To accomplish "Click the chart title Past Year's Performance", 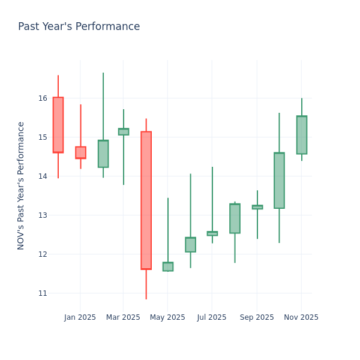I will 79,27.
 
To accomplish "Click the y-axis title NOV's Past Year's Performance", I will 21,185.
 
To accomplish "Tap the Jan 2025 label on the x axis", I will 80,317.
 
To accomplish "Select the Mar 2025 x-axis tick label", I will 123,317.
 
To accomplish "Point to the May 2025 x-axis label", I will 167,317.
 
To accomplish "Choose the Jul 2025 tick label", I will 212,317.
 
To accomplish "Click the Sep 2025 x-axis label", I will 257,317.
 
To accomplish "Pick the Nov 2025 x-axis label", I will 301,317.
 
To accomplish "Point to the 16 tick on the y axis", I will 43,98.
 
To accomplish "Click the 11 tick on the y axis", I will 43,293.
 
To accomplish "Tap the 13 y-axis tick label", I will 43,215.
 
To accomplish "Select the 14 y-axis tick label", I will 43,176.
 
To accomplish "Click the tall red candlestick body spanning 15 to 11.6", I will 146,200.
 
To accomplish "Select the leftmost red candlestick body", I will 58,125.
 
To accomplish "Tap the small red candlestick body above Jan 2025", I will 80,152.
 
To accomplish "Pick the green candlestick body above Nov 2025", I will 301,135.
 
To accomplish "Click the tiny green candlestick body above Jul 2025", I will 212,233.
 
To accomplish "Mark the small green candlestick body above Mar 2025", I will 123,131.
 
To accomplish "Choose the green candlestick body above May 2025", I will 168,266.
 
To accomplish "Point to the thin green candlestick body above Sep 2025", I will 257,207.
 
